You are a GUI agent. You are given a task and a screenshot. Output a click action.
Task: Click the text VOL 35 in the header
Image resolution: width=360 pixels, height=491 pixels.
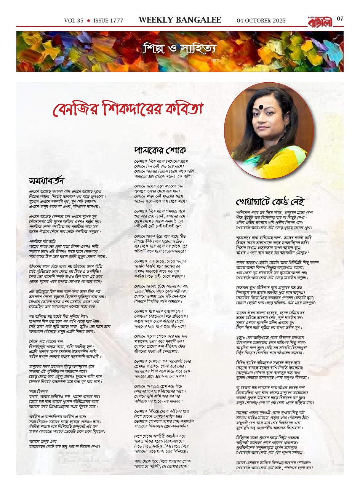(x=74, y=21)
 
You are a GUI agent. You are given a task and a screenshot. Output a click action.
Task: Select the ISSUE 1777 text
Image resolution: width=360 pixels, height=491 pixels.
(x=108, y=21)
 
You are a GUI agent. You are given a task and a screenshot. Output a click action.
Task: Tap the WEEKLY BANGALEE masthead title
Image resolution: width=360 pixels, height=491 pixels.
(x=180, y=20)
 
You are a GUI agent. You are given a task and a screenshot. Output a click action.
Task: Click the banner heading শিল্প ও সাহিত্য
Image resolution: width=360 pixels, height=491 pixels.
(x=179, y=49)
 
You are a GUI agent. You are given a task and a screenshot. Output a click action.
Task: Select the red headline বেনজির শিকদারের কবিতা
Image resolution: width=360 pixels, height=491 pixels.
(x=127, y=110)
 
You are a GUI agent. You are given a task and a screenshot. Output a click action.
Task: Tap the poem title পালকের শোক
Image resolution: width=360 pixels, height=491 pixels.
(x=160, y=150)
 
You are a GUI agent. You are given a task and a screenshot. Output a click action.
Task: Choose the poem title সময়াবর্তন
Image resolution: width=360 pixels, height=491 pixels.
(x=47, y=180)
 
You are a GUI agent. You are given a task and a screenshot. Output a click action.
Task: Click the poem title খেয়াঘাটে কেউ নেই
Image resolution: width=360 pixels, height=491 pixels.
(x=270, y=201)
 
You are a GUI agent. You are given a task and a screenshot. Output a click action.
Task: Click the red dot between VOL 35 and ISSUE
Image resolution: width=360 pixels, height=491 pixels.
(x=88, y=21)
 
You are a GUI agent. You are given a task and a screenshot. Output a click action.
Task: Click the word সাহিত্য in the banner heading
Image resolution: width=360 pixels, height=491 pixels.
(x=198, y=49)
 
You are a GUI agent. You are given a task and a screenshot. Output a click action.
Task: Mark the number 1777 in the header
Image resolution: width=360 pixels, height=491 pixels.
(x=116, y=21)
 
